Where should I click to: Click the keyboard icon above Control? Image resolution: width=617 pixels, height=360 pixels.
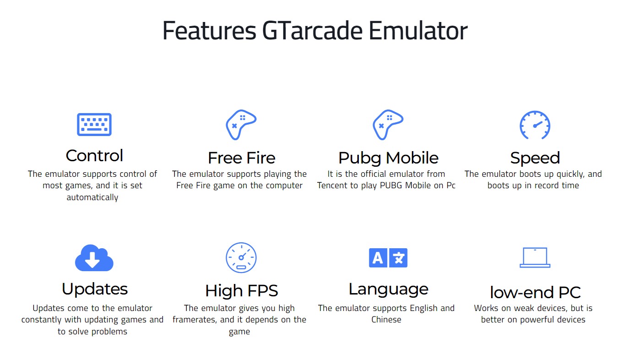[x=94, y=125]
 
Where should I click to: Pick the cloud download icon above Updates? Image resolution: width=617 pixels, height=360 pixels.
[x=94, y=258]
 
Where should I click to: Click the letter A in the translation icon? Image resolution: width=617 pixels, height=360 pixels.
[x=378, y=258]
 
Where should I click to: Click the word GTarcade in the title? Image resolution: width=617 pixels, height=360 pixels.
[x=312, y=31]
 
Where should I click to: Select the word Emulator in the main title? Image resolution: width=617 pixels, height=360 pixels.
[x=418, y=31]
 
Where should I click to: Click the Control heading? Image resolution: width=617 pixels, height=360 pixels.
[x=94, y=156]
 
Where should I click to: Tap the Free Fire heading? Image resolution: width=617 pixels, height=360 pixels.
[x=242, y=158]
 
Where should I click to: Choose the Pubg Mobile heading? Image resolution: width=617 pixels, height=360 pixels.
[x=389, y=158]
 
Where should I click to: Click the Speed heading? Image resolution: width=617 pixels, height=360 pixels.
[x=535, y=158]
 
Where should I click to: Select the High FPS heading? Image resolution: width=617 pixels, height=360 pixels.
[x=242, y=291]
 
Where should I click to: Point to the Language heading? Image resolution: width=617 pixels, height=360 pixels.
[x=389, y=290]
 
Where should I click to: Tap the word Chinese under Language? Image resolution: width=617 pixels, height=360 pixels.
[x=386, y=320]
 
